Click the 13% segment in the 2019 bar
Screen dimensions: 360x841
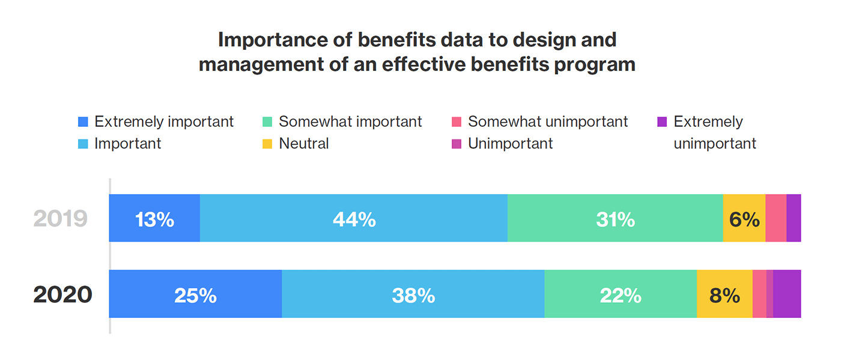pyautogui.click(x=154, y=218)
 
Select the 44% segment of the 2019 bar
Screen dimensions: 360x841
pyautogui.click(x=354, y=218)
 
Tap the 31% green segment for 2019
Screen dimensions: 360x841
pyautogui.click(x=615, y=218)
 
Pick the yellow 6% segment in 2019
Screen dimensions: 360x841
pyautogui.click(x=744, y=218)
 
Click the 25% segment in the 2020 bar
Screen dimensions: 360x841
pyautogui.click(x=195, y=294)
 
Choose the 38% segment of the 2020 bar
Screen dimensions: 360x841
pyautogui.click(x=413, y=294)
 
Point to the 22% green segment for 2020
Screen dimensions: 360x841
pyautogui.click(x=621, y=294)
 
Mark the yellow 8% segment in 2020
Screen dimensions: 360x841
pyautogui.click(x=724, y=294)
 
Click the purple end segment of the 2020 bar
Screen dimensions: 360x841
pyautogui.click(x=787, y=294)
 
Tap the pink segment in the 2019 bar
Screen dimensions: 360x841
pyautogui.click(x=776, y=218)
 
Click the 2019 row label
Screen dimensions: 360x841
pyautogui.click(x=61, y=219)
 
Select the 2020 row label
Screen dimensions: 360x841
pyautogui.click(x=62, y=294)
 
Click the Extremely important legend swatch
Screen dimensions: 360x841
pyautogui.click(x=83, y=122)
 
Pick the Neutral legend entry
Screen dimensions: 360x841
pyautogui.click(x=303, y=144)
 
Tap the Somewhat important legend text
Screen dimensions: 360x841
pyautogui.click(x=350, y=121)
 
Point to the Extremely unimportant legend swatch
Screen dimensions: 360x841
pyautogui.click(x=662, y=122)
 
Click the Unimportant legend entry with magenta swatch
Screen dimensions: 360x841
pyautogui.click(x=509, y=144)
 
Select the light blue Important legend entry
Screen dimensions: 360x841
pyautogui.click(x=127, y=144)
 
